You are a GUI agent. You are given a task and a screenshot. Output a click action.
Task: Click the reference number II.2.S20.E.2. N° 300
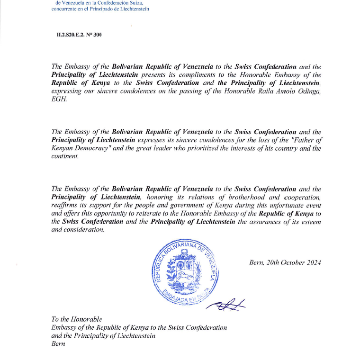(x=79, y=35)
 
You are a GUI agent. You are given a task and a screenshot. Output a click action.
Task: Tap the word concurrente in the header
(x=66, y=9)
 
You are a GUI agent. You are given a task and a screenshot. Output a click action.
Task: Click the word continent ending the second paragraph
(x=64, y=156)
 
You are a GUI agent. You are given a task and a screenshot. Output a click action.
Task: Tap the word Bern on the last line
(x=58, y=343)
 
